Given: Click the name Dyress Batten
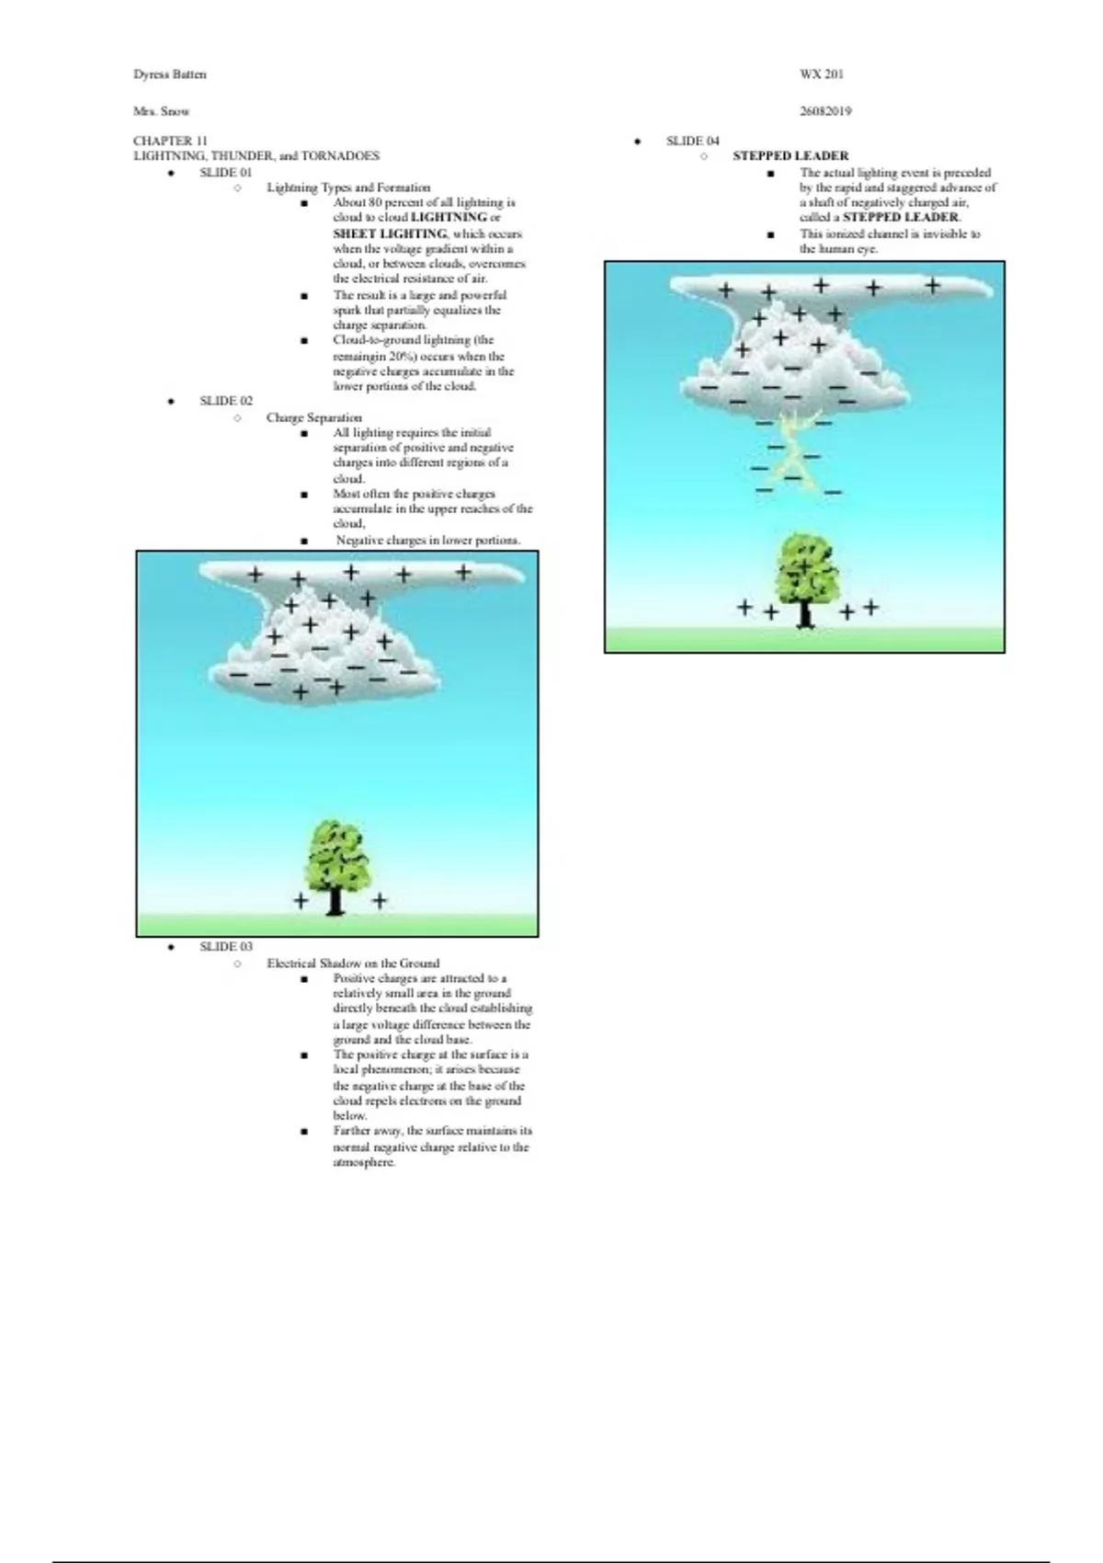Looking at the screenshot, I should (x=170, y=74).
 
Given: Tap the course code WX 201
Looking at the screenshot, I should (x=821, y=74).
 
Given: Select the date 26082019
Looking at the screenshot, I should (x=824, y=111).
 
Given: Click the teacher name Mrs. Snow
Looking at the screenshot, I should (x=161, y=111).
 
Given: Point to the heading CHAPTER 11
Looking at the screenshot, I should (x=164, y=141).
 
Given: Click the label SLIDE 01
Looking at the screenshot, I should (x=225, y=172).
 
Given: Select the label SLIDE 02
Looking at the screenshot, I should (x=225, y=401).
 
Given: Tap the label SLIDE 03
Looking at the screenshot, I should (x=225, y=946).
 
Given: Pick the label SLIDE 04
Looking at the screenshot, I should (x=692, y=141).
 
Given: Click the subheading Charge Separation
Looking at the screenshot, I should (x=313, y=417).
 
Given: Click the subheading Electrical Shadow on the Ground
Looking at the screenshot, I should (x=353, y=963).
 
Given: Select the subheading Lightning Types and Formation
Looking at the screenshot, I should (x=348, y=188).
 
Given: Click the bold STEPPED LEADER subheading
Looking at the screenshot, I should (x=790, y=156).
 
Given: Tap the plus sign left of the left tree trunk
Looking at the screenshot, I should (x=301, y=900).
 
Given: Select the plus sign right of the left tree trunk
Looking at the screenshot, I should (x=379, y=900).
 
